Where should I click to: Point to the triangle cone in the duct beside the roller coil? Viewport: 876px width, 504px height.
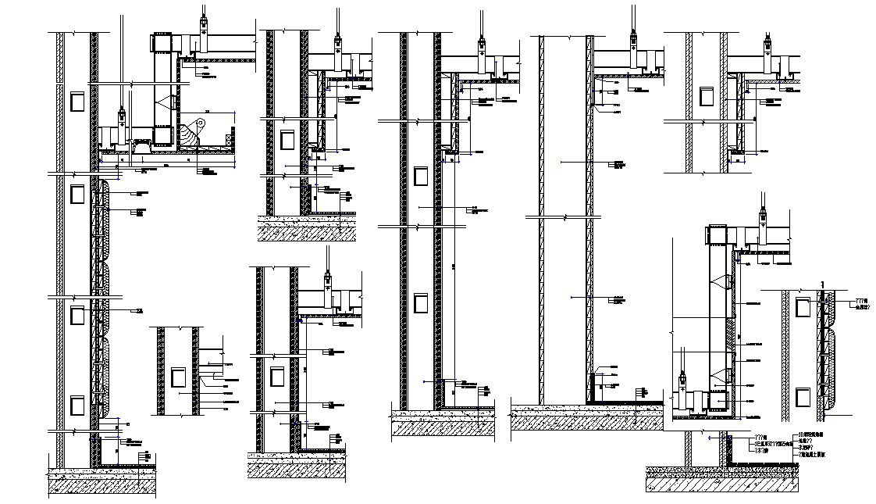(166, 101)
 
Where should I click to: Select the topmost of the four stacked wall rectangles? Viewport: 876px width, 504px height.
(77, 101)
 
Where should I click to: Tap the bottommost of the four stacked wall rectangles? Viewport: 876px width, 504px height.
(77, 406)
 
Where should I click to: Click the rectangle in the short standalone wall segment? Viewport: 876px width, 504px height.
(176, 377)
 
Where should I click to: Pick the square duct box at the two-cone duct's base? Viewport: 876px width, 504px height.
(717, 401)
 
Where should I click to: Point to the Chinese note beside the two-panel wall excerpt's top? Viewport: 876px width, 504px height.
(860, 303)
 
